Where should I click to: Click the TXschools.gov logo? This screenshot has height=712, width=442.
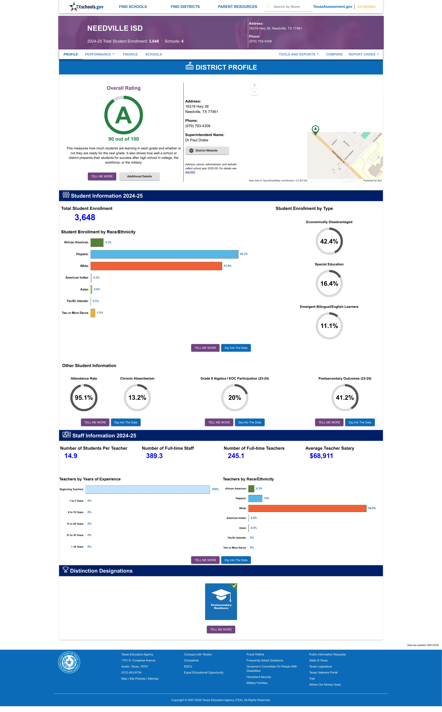tap(86, 6)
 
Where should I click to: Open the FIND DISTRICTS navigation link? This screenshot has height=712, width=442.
tap(185, 7)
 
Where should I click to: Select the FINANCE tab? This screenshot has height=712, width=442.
tap(130, 54)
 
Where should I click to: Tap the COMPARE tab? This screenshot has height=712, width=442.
tap(334, 54)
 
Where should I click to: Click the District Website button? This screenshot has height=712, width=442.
tap(207, 150)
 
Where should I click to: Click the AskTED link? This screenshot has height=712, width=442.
tap(190, 172)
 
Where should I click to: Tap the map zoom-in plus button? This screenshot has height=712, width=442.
tap(254, 85)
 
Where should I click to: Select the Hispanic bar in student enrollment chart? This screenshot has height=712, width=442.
tap(164, 254)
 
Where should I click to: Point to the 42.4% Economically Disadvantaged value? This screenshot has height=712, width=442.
tap(329, 241)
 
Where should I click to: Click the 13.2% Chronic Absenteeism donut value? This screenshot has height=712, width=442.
tap(137, 398)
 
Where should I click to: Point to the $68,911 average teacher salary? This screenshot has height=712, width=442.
tap(321, 456)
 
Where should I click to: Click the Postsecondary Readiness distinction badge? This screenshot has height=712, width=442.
tap(221, 602)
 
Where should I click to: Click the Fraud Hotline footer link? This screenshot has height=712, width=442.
tap(255, 654)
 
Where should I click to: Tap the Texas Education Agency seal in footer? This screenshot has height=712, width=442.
tap(69, 662)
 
